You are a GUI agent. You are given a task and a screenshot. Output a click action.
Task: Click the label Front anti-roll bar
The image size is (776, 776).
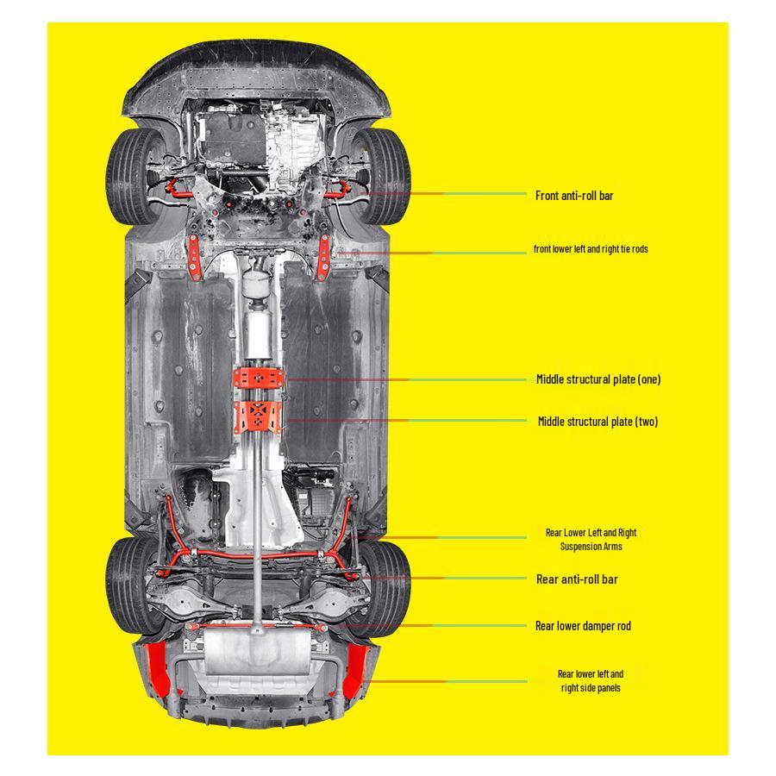[574, 196]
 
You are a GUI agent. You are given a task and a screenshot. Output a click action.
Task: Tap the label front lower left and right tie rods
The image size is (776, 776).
[591, 249]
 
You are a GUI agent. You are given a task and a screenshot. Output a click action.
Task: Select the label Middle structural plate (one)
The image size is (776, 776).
[598, 379]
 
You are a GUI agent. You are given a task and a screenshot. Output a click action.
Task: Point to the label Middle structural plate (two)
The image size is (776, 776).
[598, 422]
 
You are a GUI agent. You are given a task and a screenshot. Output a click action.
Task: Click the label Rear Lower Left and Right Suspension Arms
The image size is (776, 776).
[591, 540]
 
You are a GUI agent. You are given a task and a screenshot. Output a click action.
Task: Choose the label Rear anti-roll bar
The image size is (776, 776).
[577, 579]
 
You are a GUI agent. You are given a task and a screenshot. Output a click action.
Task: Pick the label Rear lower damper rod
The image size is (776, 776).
[583, 626]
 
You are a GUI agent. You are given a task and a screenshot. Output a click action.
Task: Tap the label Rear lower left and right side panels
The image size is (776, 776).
[591, 681]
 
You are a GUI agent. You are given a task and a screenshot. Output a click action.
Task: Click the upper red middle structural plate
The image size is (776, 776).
[259, 379]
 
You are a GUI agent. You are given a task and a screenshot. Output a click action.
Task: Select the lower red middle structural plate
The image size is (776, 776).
[257, 417]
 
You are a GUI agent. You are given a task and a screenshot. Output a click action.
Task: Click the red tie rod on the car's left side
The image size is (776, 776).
[195, 258]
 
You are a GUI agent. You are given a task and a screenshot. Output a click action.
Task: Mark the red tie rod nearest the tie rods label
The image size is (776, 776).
[323, 258]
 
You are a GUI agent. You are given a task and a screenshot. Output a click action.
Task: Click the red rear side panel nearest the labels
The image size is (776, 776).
[355, 671]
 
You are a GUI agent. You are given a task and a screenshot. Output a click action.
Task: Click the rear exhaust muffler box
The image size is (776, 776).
[257, 651]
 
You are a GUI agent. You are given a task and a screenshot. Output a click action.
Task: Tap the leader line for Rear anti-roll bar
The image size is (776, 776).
[444, 578]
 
